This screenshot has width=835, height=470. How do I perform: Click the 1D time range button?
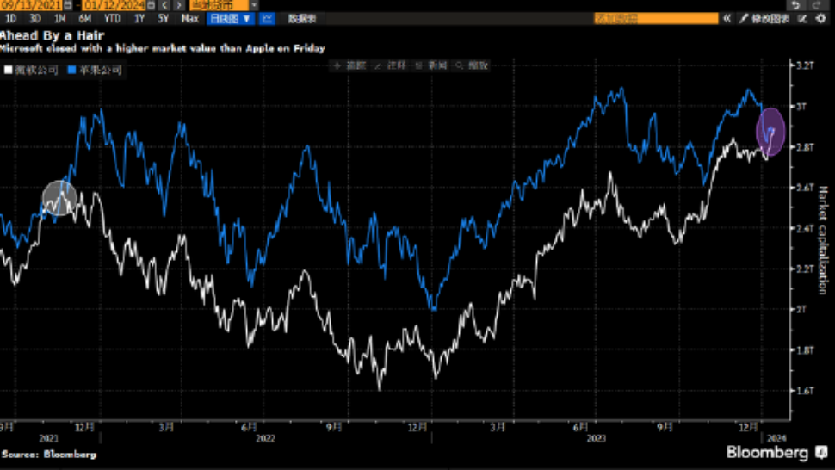(x=12, y=17)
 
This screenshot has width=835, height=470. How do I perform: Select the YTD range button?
(x=113, y=17)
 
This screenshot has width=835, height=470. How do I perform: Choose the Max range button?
(x=191, y=17)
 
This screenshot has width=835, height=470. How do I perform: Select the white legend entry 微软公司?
(x=33, y=69)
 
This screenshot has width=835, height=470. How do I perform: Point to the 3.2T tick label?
(x=806, y=65)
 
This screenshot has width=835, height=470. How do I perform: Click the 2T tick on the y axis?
(x=803, y=309)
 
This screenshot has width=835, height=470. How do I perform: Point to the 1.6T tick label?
(x=806, y=391)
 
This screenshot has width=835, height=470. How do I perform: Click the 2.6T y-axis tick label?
(x=806, y=188)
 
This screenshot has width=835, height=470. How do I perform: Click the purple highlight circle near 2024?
(x=770, y=132)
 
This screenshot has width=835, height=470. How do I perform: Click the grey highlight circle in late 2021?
(x=59, y=198)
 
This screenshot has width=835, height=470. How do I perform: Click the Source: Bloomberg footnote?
(x=49, y=454)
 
